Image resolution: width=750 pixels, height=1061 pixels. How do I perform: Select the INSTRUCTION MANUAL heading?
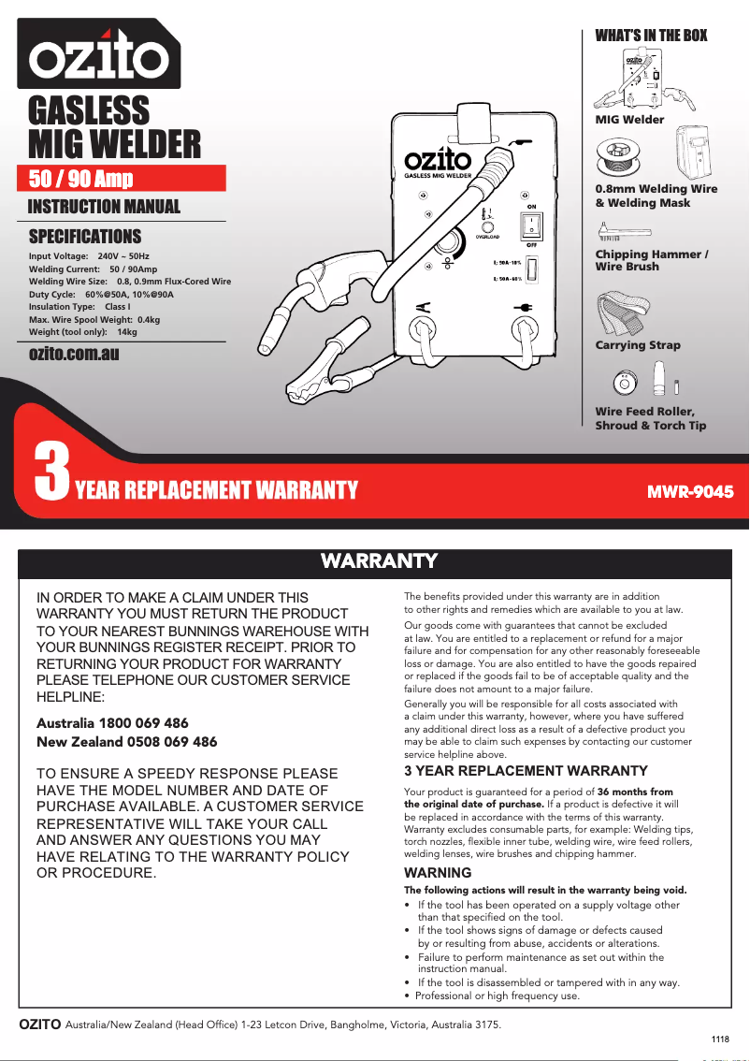104,207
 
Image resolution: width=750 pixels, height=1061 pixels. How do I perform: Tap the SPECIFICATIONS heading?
85,236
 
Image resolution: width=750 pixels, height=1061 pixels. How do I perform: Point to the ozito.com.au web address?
74,354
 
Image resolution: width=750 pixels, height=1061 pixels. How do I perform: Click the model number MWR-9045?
690,490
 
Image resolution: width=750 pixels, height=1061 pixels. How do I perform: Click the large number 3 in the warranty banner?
51,474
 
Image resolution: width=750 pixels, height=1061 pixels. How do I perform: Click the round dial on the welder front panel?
450,244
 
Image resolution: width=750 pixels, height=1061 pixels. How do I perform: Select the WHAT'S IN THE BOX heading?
651,36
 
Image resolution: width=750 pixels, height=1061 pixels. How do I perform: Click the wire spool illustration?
618,154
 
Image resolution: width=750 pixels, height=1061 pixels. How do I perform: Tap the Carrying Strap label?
638,345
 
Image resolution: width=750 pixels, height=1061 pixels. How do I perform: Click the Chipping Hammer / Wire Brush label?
651,260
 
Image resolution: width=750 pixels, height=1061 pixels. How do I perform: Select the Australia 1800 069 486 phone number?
112,723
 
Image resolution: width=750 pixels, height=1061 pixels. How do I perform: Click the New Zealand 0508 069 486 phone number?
126,742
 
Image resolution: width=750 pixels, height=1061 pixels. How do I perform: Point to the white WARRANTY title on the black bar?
379,561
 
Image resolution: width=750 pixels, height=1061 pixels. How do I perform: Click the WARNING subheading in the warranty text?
437,873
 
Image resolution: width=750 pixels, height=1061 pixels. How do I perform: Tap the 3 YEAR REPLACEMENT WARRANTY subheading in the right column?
525,771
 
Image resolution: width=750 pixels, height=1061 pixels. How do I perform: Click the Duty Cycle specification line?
101,294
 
